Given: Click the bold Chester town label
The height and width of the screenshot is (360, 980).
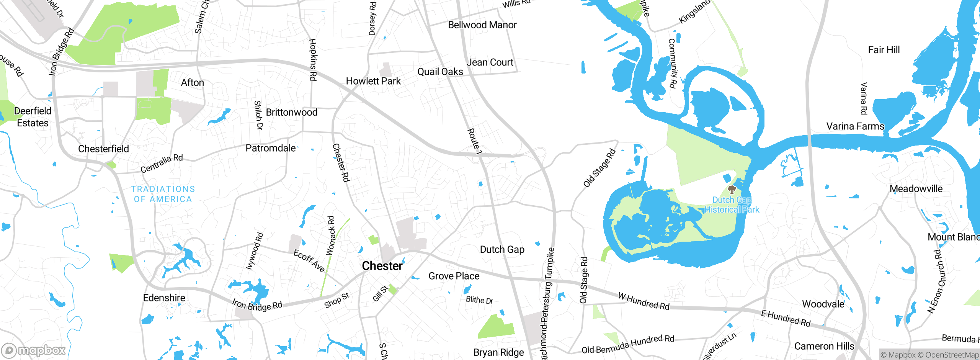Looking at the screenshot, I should click(382, 266).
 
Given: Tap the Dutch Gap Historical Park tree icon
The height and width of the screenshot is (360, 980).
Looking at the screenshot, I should click(732, 189).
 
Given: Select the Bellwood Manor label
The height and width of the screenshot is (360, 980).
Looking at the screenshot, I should click(482, 25).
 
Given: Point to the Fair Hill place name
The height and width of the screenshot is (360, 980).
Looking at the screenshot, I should click(884, 50).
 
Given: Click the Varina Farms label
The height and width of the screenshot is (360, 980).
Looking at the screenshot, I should click(855, 126).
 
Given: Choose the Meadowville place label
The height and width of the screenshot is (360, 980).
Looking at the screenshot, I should click(916, 189).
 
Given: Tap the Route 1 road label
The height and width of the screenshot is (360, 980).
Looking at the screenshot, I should click(474, 141).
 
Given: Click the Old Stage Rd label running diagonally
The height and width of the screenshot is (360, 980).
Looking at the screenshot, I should click(599, 168).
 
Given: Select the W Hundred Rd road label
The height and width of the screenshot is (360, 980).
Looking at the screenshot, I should click(644, 301).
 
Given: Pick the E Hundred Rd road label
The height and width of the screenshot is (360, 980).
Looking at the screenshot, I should click(786, 318).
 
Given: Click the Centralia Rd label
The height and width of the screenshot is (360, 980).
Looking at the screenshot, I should click(162, 164).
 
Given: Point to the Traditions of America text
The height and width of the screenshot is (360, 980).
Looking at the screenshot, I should click(163, 194).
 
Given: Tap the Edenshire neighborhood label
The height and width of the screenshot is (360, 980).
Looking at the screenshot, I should click(164, 298).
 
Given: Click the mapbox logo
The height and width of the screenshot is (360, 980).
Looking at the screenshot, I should click(34, 350).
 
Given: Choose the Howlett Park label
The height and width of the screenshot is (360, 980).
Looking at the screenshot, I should click(373, 81).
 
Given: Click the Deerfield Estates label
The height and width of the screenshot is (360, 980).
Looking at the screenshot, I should click(33, 117).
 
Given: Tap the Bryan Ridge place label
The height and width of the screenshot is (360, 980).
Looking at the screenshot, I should click(498, 352).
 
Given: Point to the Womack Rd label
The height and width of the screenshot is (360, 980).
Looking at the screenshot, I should click(330, 236).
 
